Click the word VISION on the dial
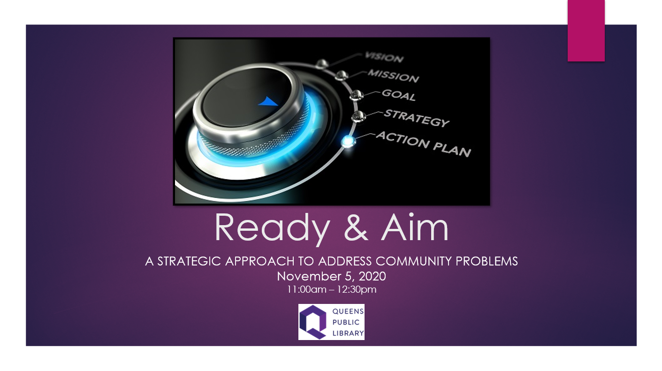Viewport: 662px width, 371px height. [x=384, y=57]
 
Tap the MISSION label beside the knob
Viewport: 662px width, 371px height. [x=393, y=76]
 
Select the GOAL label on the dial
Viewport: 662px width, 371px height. [x=399, y=95]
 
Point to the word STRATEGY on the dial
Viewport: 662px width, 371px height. [x=417, y=118]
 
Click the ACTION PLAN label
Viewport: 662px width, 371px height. [x=423, y=144]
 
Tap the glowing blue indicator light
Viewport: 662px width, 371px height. [x=348, y=141]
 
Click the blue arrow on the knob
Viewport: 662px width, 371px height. [x=268, y=101]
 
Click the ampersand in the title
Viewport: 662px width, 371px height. [x=356, y=227]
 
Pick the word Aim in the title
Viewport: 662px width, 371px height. [x=415, y=227]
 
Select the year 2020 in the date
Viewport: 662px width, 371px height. [x=372, y=276]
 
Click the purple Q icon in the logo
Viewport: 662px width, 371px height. [x=313, y=322]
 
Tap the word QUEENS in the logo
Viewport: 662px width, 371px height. [x=348, y=311]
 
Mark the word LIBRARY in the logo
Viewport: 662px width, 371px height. [x=348, y=333]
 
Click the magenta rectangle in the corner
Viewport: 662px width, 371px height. [x=586, y=30]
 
